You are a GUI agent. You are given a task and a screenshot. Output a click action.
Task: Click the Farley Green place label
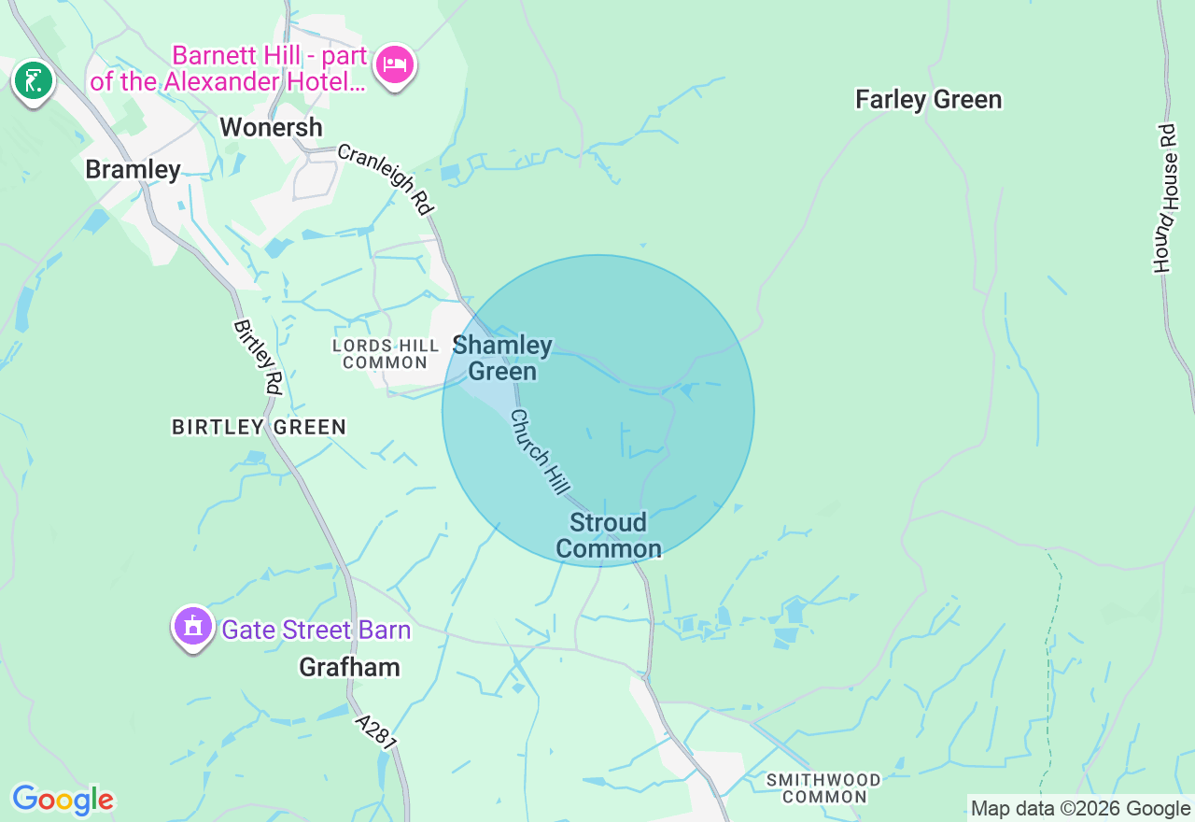tap(928, 100)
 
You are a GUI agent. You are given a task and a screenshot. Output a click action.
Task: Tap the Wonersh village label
tap(271, 127)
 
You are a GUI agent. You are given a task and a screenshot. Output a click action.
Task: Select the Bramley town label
tap(133, 169)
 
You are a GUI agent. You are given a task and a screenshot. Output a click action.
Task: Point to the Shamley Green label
tap(502, 359)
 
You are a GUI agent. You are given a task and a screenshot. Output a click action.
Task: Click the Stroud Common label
tap(609, 535)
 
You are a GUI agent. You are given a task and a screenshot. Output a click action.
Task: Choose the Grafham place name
tap(349, 667)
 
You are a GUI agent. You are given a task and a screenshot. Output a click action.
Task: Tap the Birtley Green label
tap(259, 427)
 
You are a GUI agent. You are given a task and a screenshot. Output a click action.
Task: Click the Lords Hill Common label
tap(386, 354)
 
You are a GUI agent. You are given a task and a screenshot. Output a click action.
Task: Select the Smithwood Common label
tap(823, 788)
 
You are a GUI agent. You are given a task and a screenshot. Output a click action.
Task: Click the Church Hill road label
tap(541, 453)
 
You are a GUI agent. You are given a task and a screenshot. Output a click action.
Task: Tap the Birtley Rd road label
tap(258, 357)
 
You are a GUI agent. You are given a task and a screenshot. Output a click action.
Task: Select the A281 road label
tap(376, 731)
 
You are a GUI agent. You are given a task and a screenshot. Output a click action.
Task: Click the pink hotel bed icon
tap(395, 66)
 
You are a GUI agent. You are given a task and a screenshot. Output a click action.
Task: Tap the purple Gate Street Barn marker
tap(193, 626)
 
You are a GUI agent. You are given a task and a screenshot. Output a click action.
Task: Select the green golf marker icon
tap(34, 81)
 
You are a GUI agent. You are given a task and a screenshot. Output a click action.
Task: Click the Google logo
tap(63, 800)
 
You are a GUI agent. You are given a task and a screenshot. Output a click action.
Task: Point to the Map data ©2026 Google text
tap(1080, 808)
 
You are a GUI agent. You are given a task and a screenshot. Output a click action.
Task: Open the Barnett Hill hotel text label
tap(229, 68)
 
